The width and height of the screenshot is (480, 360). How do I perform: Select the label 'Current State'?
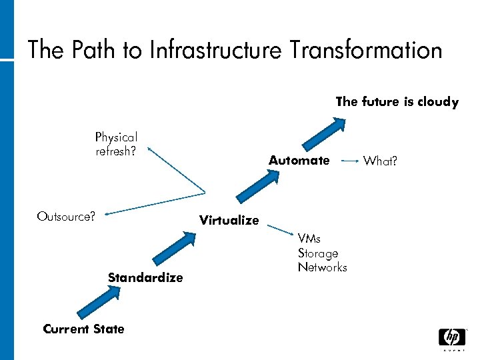[83, 329]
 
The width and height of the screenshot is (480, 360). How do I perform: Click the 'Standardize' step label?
[145, 277]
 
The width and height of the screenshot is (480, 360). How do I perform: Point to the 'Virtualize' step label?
[229, 220]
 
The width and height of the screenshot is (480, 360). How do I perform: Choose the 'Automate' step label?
[299, 160]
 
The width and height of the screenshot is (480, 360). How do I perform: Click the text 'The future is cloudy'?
[397, 102]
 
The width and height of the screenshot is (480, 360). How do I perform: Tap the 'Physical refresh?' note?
[116, 144]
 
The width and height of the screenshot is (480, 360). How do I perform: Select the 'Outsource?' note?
[66, 216]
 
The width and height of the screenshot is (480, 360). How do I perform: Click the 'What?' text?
[381, 161]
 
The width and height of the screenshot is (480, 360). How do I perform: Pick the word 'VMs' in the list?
[309, 239]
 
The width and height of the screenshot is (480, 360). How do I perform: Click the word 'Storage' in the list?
[318, 253]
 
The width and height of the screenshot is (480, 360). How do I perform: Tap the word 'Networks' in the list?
[323, 267]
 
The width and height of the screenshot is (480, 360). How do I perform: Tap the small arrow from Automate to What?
[348, 161]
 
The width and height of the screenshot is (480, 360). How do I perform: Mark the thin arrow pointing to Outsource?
[153, 203]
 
